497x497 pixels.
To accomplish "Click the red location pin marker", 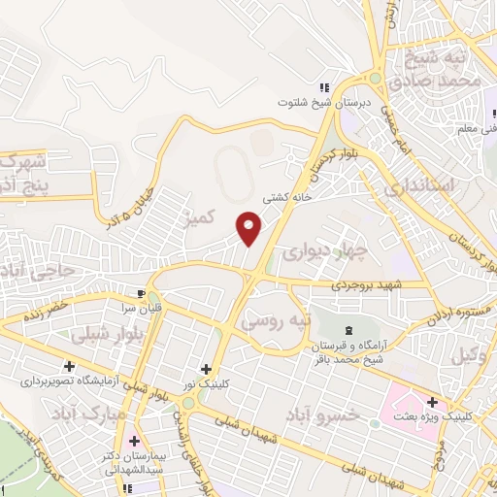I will (x=250, y=227).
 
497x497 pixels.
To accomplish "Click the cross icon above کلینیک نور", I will (x=206, y=369).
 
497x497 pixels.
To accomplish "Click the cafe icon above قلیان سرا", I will (x=142, y=294).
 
